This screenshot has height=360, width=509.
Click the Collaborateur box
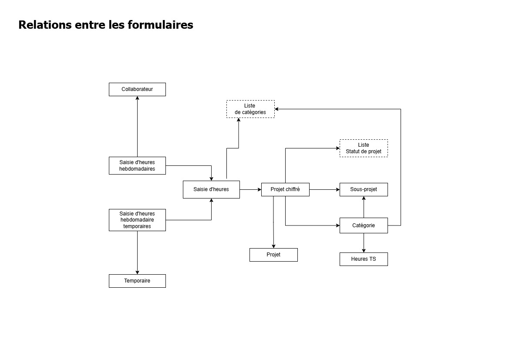[137, 89]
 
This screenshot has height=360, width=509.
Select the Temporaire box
[137, 281]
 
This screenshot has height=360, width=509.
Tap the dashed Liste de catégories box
[250, 109]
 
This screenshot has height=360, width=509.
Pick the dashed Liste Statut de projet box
[364, 148]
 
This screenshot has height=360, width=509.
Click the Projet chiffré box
[285, 189]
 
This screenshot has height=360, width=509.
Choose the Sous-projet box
[364, 189]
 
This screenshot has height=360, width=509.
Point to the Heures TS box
[364, 259]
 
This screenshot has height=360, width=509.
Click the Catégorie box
[364, 225]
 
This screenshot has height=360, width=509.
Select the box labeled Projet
[273, 255]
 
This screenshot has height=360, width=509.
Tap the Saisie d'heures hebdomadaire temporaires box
[137, 220]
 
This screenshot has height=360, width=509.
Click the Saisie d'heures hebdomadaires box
[137, 165]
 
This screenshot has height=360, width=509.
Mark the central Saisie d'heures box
[211, 189]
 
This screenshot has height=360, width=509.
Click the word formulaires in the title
[161, 25]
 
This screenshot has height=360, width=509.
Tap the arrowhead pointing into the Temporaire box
[137, 272]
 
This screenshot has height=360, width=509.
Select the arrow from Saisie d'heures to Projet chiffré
[250, 189]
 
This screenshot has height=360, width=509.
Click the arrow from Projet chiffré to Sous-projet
[324, 189]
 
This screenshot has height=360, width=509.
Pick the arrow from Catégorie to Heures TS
[364, 243]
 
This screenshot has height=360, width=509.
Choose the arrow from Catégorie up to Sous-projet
[364, 207]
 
